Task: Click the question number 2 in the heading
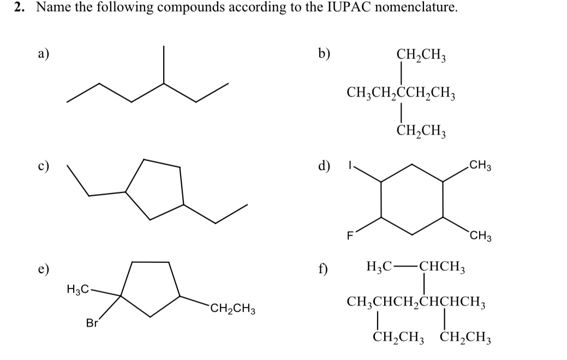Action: pos(18,8)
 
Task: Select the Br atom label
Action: pos(92,323)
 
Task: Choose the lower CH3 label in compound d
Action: pos(480,236)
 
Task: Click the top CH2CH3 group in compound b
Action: pos(421,55)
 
